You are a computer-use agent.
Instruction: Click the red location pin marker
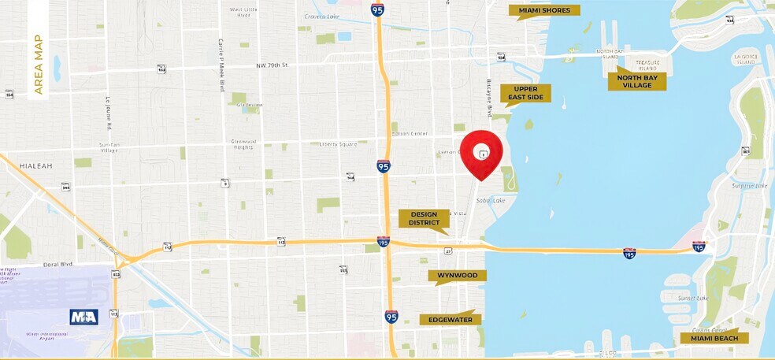click(481, 154)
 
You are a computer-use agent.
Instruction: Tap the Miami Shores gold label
click(545, 10)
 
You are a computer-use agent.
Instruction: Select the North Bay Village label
click(636, 81)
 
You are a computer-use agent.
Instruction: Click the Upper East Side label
click(525, 93)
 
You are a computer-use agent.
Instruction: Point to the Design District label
click(424, 218)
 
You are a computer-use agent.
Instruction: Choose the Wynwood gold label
click(458, 276)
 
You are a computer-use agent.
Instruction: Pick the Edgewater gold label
click(451, 319)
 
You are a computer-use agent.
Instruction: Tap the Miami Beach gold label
click(714, 338)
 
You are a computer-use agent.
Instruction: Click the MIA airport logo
click(83, 317)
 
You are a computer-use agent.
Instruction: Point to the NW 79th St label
click(273, 65)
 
